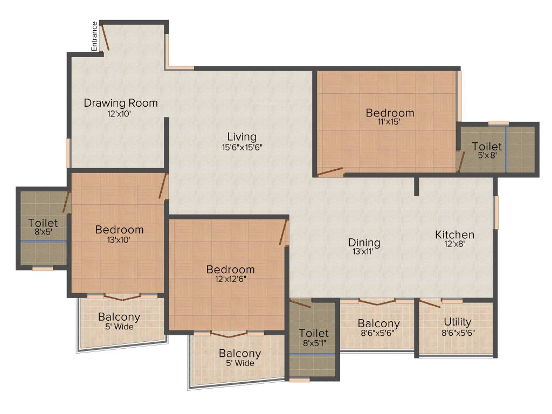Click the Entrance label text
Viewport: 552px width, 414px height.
[x=95, y=36]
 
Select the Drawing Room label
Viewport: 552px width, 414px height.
[x=121, y=102]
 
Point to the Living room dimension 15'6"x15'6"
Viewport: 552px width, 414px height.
[x=241, y=147]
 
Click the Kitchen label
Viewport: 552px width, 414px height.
[x=455, y=234]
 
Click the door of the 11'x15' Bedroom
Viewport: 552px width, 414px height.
[x=330, y=172]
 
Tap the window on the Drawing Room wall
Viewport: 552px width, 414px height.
[x=68, y=153]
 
